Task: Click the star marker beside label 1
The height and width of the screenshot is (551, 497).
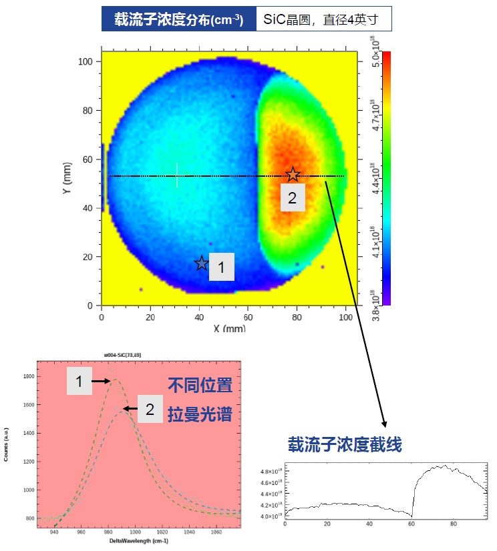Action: coord(202,263)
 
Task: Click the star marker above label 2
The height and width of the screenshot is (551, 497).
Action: coord(293,175)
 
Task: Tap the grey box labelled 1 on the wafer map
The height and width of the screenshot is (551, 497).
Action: coord(222,267)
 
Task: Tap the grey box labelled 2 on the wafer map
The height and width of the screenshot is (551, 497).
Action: coord(293,198)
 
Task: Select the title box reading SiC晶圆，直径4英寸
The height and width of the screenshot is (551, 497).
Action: coord(323,19)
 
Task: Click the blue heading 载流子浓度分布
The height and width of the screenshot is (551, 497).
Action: coord(178,19)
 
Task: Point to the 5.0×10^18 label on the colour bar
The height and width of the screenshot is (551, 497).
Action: coord(375,53)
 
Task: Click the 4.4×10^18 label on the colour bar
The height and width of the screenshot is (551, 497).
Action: coord(375,178)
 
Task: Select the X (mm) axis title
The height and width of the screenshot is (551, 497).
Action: coord(230,328)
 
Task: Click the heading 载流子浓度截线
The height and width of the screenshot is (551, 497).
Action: coord(345,444)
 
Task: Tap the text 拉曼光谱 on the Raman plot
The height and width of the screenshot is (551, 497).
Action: coord(199,414)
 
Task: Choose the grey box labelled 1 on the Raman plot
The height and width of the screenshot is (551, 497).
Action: coord(79,382)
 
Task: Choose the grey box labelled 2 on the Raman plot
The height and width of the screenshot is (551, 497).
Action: coord(150,409)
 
